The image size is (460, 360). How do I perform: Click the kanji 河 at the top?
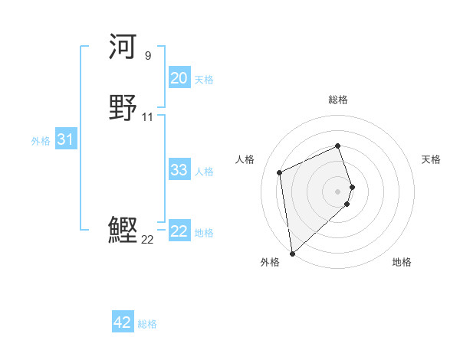123,47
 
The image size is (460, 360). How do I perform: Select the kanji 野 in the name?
123,106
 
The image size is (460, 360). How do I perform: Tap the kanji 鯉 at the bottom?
123,229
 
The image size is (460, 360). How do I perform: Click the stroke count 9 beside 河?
147,55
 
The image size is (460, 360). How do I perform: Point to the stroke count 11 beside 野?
147,116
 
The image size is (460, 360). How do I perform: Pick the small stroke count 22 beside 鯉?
147,239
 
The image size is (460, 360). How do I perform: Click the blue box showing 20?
179,78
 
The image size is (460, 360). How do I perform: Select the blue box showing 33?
179,170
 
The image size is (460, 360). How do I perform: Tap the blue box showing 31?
65,139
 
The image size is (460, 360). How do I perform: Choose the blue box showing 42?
123,322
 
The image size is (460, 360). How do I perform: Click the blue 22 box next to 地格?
179,231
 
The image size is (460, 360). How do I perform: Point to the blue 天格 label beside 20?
204,80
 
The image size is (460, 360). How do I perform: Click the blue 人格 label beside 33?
204,172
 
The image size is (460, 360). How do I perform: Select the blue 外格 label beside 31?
41,141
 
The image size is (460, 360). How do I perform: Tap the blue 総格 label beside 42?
147,324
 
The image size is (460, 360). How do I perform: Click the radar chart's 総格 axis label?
338,100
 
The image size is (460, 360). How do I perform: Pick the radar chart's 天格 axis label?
431,159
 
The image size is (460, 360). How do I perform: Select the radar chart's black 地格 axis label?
402,263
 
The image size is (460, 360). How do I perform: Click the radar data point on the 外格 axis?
292,254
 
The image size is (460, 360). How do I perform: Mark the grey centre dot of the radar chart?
338,191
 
